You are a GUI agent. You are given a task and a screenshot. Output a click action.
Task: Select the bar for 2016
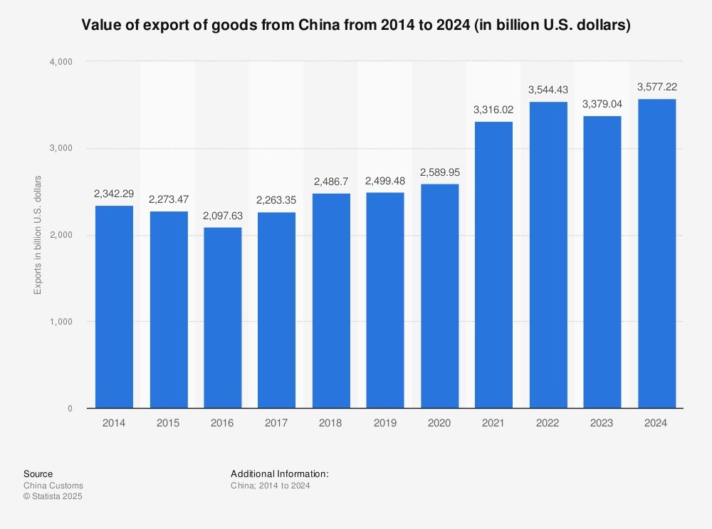pos(222,318)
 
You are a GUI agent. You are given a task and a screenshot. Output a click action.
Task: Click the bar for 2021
pos(493,265)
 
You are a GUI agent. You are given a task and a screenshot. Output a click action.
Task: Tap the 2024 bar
pos(656,253)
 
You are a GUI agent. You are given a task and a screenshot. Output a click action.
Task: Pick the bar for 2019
pos(385,300)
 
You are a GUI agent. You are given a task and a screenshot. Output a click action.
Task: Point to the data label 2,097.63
pos(222,216)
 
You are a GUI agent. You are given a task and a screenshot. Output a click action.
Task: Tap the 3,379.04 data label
pos(602,104)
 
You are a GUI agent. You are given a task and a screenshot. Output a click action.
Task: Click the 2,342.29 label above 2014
pos(114,194)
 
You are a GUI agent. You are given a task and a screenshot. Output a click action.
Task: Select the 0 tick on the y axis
pos(70,409)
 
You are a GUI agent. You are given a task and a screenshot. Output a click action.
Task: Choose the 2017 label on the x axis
pos(276,423)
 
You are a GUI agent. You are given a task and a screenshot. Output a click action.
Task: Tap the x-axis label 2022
pos(548,423)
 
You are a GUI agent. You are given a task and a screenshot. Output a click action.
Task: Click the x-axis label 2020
pos(439,423)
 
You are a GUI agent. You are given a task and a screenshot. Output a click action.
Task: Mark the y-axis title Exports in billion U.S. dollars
pos(38,234)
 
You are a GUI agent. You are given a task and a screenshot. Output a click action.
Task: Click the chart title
pos(356,26)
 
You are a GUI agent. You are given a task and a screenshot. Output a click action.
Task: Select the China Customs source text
pos(53,486)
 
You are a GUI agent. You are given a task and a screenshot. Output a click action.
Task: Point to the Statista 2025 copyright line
pos(53,496)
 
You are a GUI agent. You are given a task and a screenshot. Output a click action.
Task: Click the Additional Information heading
pos(279,473)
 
